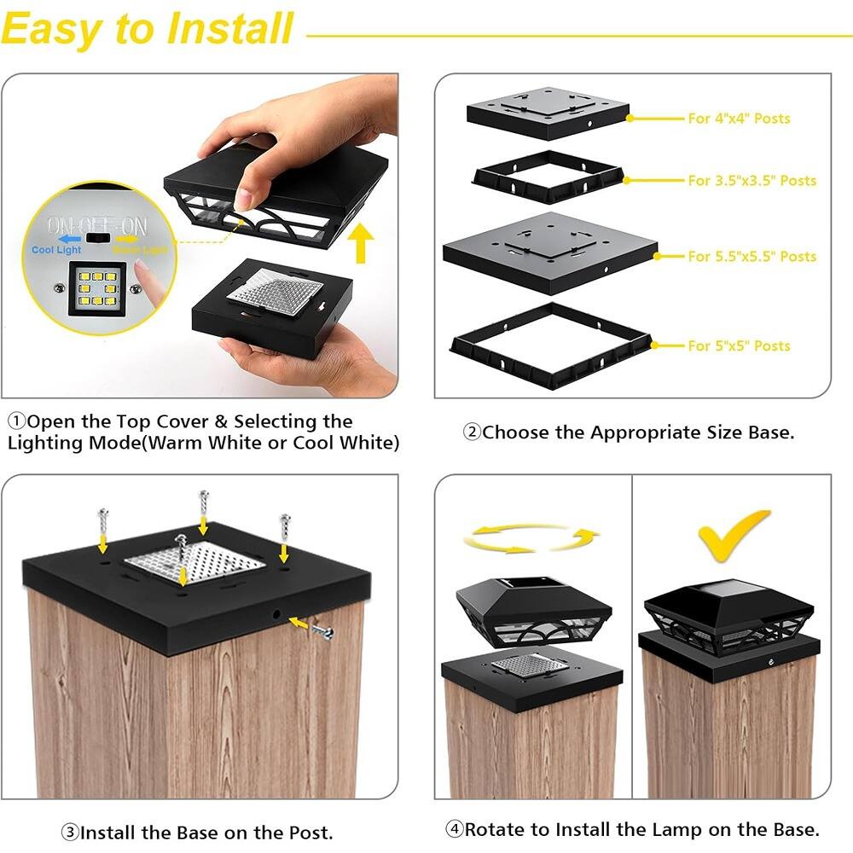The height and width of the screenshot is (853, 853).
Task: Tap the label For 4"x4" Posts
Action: [739, 119]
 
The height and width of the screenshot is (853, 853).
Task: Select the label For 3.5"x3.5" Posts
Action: [751, 181]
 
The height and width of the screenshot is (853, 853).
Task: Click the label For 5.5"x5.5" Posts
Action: [751, 256]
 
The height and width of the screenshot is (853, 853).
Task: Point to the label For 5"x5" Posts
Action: [739, 345]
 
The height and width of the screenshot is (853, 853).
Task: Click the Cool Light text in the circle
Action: [56, 250]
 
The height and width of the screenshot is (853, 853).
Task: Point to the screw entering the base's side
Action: [320, 630]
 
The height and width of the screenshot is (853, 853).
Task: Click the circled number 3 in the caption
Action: [70, 833]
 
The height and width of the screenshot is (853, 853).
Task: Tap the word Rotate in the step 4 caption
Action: [496, 828]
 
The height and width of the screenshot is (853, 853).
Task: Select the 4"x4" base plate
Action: [548, 110]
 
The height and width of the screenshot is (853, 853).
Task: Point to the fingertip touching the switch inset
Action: [149, 277]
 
